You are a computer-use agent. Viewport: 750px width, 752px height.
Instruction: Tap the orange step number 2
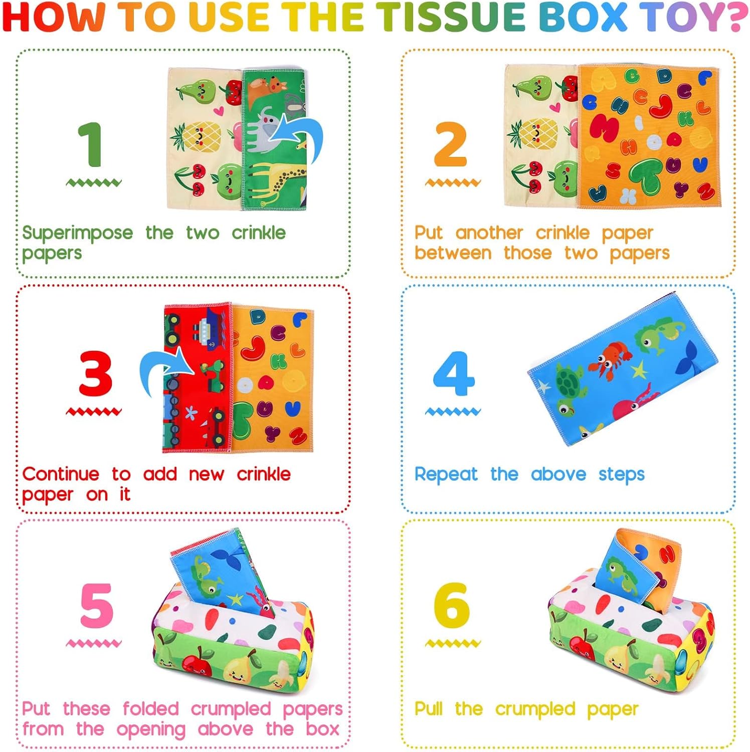[451, 145]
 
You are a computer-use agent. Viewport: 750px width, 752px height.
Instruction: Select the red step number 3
[95, 373]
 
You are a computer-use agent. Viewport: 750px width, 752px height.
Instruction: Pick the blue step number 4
[453, 373]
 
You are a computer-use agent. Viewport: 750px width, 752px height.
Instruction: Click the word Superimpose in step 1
[78, 233]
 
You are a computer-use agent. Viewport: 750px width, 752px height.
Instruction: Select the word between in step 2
[453, 253]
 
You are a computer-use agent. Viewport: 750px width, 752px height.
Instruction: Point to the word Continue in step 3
[61, 474]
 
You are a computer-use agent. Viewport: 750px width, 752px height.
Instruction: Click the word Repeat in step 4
[446, 474]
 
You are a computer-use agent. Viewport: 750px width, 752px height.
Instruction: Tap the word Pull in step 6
[428, 709]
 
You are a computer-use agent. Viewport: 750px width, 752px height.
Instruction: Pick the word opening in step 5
[151, 730]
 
